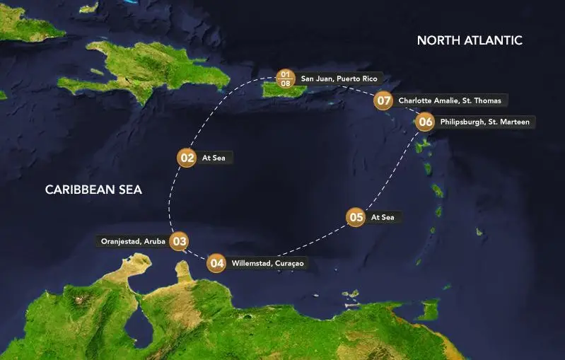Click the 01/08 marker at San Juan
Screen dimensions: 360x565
[x=285, y=78]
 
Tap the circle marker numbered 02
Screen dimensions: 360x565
[x=187, y=158]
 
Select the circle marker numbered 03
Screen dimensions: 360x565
[x=180, y=241]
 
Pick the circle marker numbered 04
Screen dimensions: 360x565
[x=217, y=264]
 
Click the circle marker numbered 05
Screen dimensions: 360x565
[x=356, y=217]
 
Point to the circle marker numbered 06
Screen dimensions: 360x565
[x=424, y=122]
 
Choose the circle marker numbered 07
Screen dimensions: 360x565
[x=384, y=100]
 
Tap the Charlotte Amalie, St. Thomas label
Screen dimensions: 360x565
[x=450, y=100]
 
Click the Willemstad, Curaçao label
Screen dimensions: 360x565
[x=268, y=264]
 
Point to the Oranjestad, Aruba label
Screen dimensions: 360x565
[x=133, y=241]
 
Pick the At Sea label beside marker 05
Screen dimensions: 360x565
[x=383, y=217]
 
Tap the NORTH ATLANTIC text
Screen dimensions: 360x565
[x=470, y=40]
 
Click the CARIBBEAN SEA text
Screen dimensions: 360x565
[x=93, y=190]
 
